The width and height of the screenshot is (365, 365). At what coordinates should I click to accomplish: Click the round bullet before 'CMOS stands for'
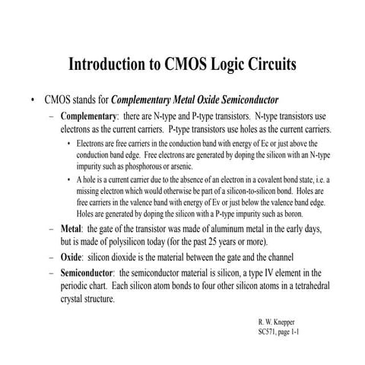[x=32, y=100]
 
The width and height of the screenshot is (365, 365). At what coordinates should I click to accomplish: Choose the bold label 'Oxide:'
[x=74, y=257]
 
